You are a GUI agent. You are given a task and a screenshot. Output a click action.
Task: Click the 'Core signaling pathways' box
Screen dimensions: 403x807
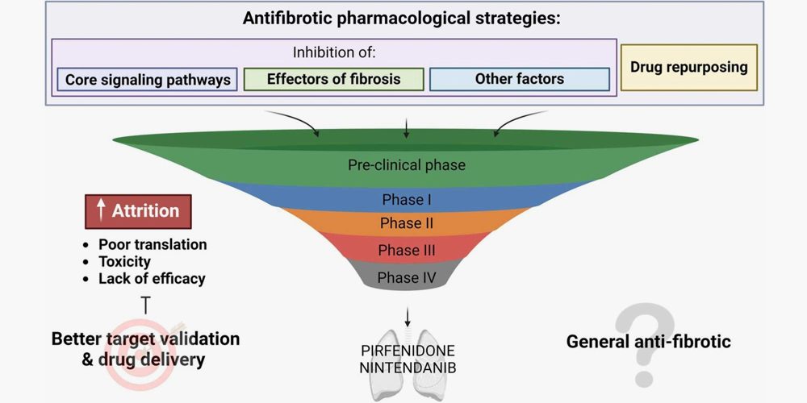coord(147,80)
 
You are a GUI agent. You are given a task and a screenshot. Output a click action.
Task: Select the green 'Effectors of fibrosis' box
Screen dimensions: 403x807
coord(333,79)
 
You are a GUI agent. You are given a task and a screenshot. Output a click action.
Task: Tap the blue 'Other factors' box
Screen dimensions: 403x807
coord(519,79)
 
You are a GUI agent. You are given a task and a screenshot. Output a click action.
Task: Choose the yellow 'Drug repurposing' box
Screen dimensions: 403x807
coord(688,66)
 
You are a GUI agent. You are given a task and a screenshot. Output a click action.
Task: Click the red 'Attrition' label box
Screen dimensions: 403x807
coord(138,211)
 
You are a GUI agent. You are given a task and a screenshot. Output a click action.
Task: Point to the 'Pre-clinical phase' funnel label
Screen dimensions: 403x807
coord(407,164)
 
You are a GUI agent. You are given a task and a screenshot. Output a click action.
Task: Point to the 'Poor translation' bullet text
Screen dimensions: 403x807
coord(153,244)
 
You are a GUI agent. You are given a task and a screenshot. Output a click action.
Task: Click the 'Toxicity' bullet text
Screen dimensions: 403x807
coord(124,261)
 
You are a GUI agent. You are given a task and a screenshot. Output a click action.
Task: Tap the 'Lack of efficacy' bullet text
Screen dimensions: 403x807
coord(152,279)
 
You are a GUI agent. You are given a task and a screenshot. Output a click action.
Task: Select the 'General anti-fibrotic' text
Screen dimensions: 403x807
coord(648,341)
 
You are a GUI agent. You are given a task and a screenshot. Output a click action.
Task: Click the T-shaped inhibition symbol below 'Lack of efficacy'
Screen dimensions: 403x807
coord(145,305)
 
